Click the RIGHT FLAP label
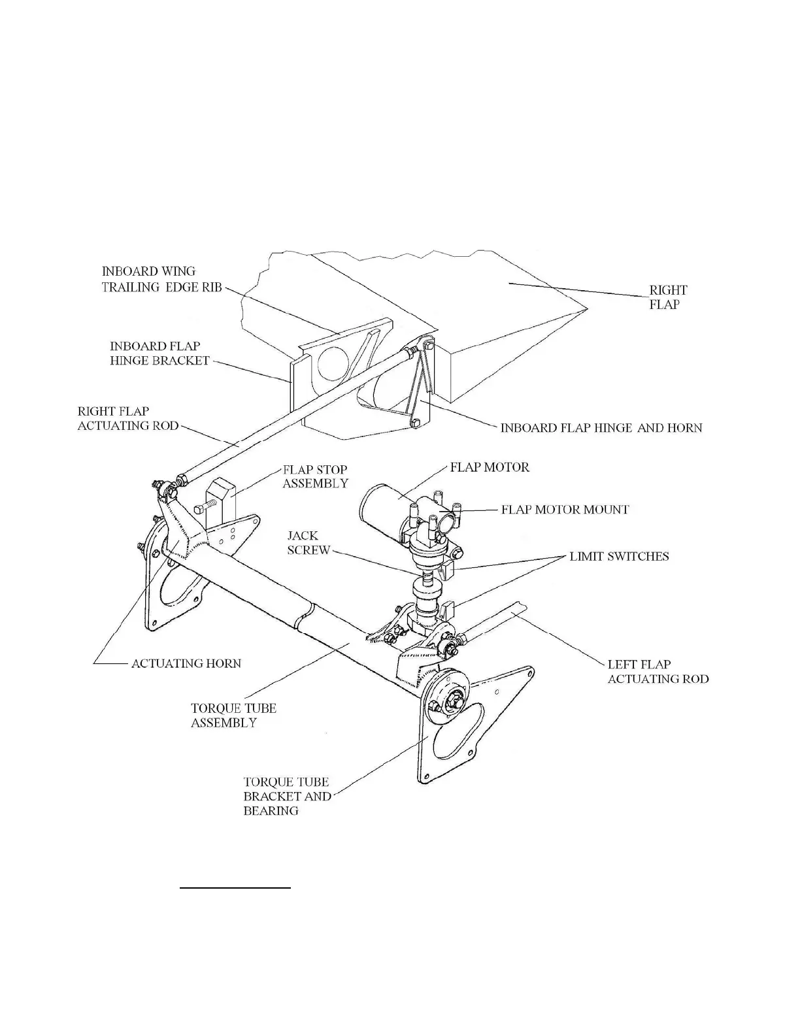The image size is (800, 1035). click(667, 297)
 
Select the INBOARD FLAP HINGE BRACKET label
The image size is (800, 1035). click(159, 353)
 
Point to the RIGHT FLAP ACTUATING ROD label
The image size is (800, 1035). click(127, 418)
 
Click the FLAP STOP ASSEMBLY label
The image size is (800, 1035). click(314, 476)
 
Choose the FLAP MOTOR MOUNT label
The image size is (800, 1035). click(565, 509)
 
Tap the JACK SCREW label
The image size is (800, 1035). click(308, 542)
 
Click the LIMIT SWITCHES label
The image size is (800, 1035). click(619, 557)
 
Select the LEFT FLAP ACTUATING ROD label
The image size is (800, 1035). click(658, 672)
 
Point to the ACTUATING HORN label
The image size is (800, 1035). click(186, 663)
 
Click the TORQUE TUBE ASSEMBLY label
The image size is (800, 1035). click(233, 715)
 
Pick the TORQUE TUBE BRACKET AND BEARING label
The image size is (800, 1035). click(287, 796)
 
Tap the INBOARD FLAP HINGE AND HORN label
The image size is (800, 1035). click(601, 428)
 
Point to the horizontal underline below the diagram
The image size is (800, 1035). click(235, 888)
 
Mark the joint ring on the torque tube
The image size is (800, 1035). click(305, 616)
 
